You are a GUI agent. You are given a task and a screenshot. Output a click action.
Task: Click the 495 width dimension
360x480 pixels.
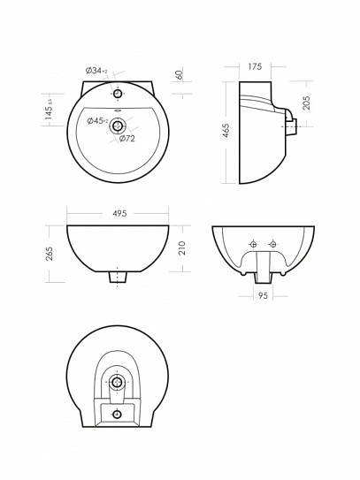click(119, 213)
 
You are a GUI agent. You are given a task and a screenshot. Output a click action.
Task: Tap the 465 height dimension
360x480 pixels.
click(226, 131)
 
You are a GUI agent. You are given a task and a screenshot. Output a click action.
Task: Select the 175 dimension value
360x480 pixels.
click(255, 66)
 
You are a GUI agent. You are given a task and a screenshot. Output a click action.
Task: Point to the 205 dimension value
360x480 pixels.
click(306, 103)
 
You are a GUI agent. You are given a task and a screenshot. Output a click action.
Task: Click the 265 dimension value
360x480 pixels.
click(50, 254)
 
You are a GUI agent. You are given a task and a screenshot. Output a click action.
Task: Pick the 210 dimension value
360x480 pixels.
click(181, 248)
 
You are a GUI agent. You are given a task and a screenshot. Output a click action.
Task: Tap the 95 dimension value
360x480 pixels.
click(263, 295)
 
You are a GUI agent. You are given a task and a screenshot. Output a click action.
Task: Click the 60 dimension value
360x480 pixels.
click(180, 74)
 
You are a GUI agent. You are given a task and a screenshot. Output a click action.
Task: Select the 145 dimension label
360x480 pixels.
click(50, 110)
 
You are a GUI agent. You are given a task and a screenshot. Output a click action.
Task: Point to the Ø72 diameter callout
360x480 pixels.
click(126, 139)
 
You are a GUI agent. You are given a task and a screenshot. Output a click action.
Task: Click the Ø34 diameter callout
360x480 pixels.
click(96, 71)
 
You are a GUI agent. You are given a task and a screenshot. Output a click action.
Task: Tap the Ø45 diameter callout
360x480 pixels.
click(97, 121)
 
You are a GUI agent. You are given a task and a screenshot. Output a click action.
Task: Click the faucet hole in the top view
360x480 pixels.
click(118, 93)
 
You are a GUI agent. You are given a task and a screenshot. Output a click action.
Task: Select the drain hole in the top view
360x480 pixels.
click(118, 126)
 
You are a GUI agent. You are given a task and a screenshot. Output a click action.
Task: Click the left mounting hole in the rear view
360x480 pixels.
click(253, 244)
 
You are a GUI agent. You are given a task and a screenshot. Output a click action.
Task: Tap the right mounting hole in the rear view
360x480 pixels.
click(272, 244)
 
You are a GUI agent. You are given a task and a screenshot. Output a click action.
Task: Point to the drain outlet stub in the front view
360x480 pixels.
click(118, 278)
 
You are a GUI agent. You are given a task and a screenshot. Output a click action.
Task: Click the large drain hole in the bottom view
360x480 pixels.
click(117, 382)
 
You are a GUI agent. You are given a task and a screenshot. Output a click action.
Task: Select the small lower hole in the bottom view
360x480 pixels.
click(117, 415)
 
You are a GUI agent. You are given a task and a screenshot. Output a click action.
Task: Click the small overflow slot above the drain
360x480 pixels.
click(117, 111)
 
